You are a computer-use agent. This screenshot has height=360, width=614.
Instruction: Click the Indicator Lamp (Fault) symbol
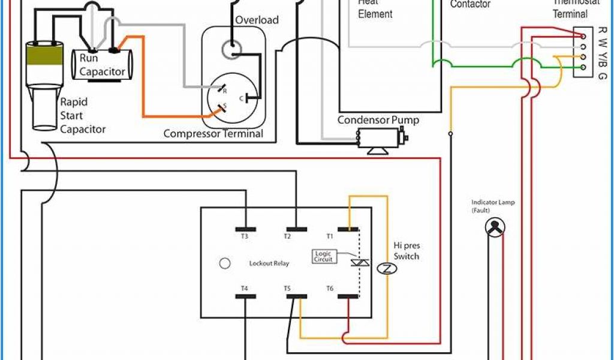(495, 226)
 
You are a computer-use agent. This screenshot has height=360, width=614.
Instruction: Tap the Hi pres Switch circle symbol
(386, 268)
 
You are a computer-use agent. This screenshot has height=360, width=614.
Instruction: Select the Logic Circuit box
(323, 256)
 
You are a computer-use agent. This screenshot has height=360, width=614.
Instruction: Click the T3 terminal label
(245, 236)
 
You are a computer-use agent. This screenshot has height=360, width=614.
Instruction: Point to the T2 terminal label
(287, 236)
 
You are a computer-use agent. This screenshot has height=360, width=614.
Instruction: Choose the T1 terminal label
(329, 236)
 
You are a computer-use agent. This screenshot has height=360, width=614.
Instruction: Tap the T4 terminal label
(245, 289)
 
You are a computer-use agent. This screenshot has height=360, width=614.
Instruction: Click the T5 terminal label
(287, 289)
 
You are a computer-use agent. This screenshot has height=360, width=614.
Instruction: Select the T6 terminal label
(329, 289)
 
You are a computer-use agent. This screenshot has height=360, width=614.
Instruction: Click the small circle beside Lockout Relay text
(225, 263)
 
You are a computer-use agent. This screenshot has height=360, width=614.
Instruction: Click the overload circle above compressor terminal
(228, 49)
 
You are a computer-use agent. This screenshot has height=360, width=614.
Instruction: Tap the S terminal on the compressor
(223, 107)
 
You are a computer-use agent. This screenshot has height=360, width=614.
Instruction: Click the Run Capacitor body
(103, 65)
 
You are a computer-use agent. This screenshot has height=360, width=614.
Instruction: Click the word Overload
(257, 20)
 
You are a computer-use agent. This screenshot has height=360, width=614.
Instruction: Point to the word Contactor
(470, 4)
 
